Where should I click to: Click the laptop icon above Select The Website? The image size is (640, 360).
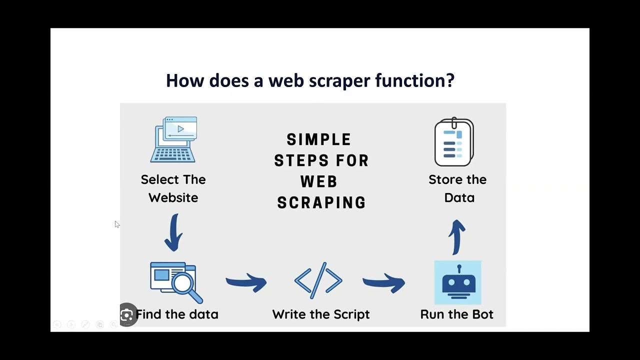pos(173,140)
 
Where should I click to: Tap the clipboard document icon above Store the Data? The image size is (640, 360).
pos(454,142)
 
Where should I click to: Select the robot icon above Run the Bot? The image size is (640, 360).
pos(457,282)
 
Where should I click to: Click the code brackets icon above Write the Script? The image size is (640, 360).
pos(318,280)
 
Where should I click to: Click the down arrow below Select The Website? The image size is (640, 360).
pos(173,233)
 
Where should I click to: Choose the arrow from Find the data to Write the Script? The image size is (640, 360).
pos(246,283)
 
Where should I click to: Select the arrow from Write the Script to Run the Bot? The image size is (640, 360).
pos(383,283)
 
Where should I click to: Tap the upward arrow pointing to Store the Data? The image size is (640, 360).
pos(456,237)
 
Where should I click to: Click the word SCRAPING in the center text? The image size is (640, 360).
pos(321,202)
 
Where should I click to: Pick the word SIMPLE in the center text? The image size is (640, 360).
pos(319,139)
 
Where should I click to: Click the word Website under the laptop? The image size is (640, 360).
pos(173,197)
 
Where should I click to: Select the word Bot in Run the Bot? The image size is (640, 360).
pos(481,314)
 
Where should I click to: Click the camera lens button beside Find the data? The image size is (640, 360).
pos(127,315)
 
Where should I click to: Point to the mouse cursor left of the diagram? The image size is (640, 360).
pos(116,224)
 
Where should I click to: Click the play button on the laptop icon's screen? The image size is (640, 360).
pos(181,129)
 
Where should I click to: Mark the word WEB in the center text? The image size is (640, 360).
pos(319,181)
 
